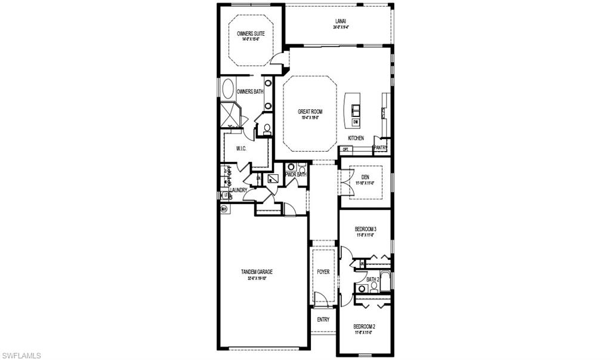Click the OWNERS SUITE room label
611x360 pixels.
point(251,34)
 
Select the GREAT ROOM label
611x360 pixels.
point(310,111)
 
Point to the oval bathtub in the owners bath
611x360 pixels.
point(228,90)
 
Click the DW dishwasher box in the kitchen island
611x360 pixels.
point(356,122)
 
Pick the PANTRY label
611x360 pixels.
point(380,147)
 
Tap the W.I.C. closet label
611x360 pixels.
point(242,149)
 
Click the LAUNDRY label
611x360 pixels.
point(238,190)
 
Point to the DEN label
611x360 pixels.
point(365,177)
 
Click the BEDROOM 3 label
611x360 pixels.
point(365,229)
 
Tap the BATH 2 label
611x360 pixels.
point(373,279)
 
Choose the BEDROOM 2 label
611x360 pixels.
point(364,326)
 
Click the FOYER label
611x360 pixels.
point(323,272)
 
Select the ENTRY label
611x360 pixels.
point(323,319)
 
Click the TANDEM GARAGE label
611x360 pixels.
point(257,272)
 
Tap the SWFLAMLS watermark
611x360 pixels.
point(21,355)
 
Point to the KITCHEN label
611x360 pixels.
point(356,138)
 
